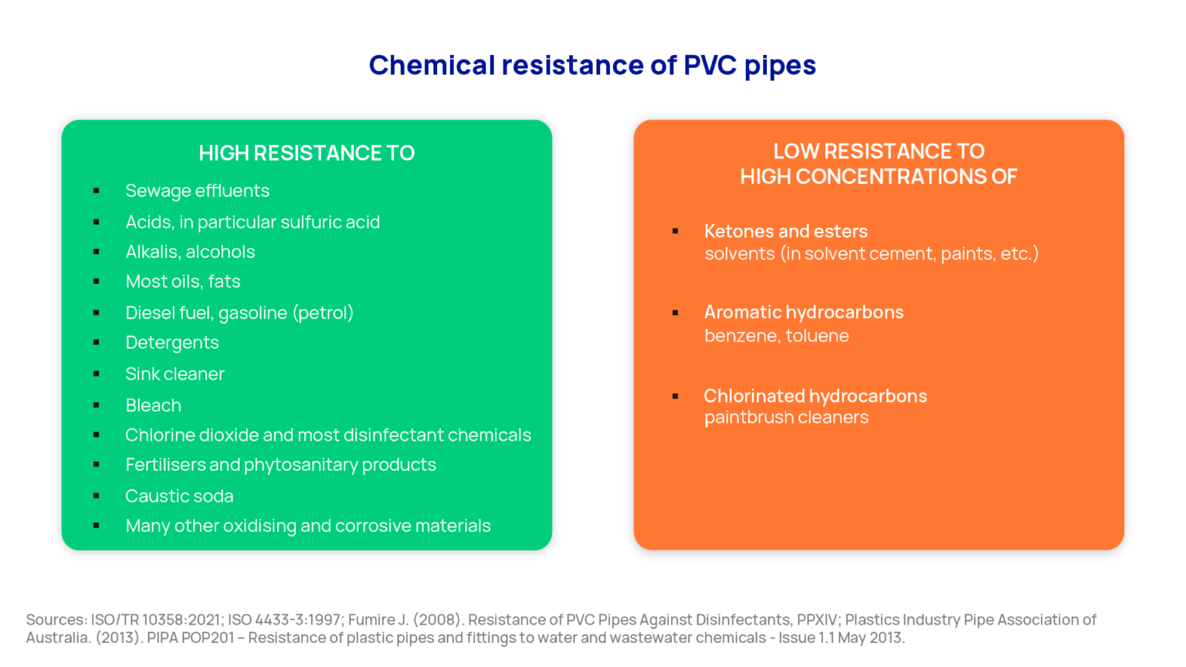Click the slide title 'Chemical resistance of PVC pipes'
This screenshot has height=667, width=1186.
coord(592,66)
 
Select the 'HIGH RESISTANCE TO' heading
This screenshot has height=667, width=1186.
coord(307,153)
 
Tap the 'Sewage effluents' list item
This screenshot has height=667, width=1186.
coord(197,191)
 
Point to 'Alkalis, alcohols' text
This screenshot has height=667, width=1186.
coord(190,252)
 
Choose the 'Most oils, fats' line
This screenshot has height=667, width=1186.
coord(183,282)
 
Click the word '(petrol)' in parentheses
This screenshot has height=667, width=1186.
coord(324,313)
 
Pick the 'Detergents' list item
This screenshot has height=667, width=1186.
coord(172,343)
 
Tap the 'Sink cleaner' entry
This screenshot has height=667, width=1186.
coord(175,374)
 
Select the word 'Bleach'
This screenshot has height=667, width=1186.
coord(153,405)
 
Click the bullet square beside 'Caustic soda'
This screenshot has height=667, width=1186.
coord(97,496)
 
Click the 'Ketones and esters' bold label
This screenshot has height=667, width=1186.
coord(785,231)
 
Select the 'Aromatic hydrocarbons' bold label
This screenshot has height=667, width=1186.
coord(803,312)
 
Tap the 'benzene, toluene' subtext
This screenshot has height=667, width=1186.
coord(776,336)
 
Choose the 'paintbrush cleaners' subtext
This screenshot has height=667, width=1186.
coord(786,418)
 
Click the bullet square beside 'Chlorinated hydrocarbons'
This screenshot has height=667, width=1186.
coord(676,396)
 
